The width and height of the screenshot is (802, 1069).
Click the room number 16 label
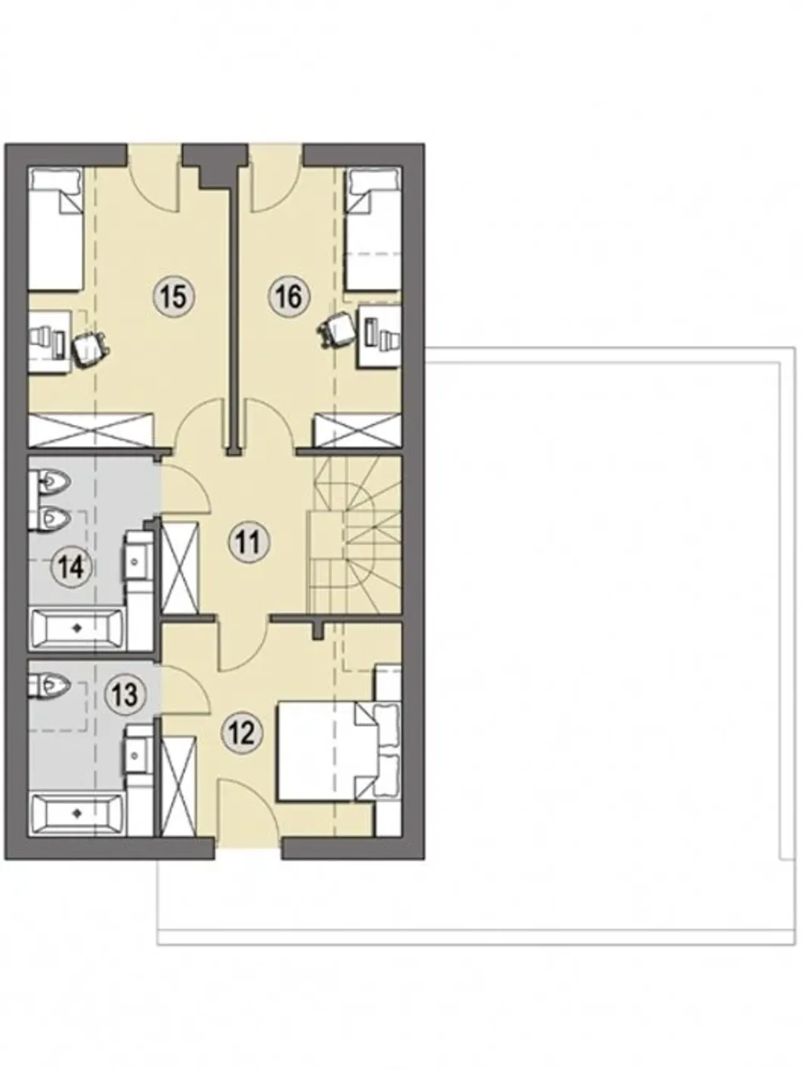click(x=289, y=296)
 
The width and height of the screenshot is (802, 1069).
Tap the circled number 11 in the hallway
click(x=249, y=542)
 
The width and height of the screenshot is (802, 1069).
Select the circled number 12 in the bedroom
click(x=242, y=732)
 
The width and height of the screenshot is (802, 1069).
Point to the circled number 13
click(x=124, y=695)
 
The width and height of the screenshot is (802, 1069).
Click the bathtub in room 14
click(x=77, y=629)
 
